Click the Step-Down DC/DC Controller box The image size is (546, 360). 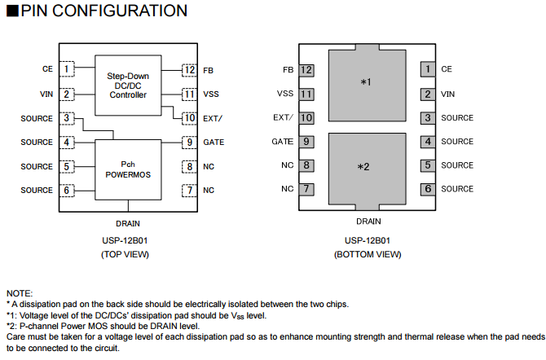pyautogui.click(x=128, y=85)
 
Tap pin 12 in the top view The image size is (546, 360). pyautogui.click(x=188, y=70)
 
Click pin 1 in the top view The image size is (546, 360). pyautogui.click(x=67, y=70)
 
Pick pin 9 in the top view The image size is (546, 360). pyautogui.click(x=188, y=143)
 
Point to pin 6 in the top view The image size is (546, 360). pyautogui.click(x=67, y=191)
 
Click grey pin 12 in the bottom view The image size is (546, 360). pyautogui.click(x=306, y=70)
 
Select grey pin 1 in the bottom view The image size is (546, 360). pyautogui.click(x=428, y=70)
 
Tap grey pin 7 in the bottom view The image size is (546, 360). pyautogui.click(x=306, y=189)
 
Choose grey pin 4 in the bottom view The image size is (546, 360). pyautogui.click(x=428, y=142)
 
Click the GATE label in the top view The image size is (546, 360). pyautogui.click(x=214, y=143)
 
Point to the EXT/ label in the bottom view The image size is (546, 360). pyautogui.click(x=282, y=118)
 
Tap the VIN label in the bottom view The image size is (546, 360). pyautogui.click(x=448, y=94)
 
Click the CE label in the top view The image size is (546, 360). pyautogui.click(x=47, y=70)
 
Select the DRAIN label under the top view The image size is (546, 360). pyautogui.click(x=129, y=222)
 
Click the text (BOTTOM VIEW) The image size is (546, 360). pyautogui.click(x=368, y=254)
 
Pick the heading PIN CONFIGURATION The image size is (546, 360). pyautogui.click(x=97, y=11)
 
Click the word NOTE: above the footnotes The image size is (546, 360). pyautogui.click(x=20, y=292)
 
